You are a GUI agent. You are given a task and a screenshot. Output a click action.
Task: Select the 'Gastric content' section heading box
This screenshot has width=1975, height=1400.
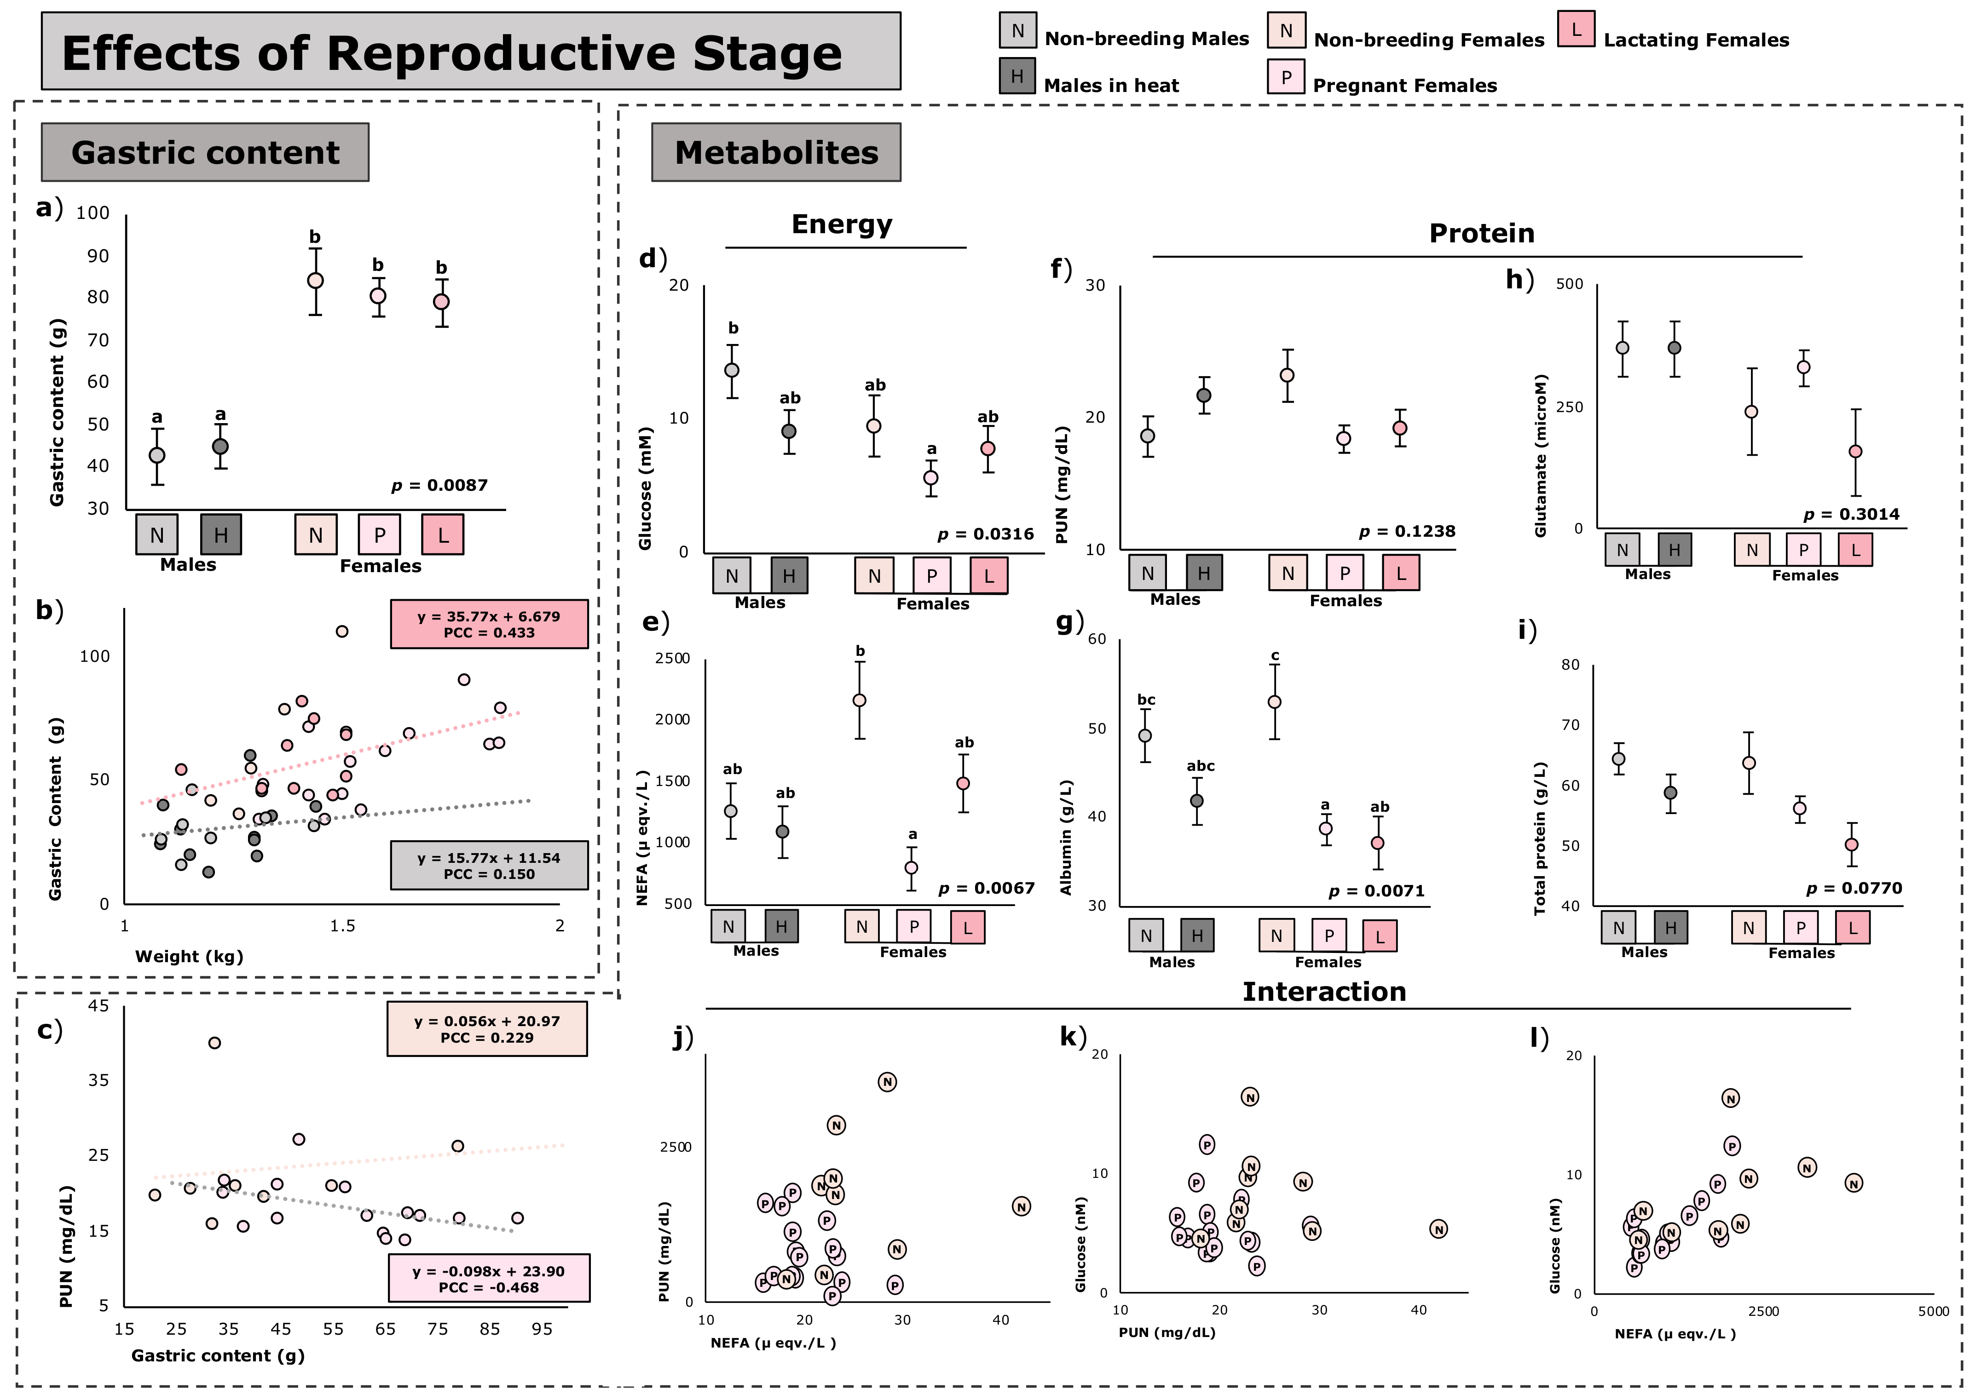click(x=205, y=153)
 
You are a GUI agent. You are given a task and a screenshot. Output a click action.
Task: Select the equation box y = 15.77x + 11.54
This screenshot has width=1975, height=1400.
click(x=489, y=866)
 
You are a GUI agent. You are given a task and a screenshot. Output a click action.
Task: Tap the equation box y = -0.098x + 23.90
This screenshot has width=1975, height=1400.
click(x=489, y=1279)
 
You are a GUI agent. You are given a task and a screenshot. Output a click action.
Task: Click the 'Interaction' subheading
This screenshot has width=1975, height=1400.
click(x=1324, y=992)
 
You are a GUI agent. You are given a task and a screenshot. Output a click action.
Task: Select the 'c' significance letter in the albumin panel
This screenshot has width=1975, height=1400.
click(x=1275, y=656)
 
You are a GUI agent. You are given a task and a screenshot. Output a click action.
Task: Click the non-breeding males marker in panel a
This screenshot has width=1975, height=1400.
click(x=157, y=455)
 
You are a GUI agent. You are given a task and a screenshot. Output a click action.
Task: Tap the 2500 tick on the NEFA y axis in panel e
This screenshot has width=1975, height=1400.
click(x=673, y=659)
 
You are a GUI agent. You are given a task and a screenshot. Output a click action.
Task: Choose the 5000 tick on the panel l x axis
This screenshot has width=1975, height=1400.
click(x=1933, y=1311)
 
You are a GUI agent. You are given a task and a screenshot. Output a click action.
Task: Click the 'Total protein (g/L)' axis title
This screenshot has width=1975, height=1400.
click(x=1540, y=838)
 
